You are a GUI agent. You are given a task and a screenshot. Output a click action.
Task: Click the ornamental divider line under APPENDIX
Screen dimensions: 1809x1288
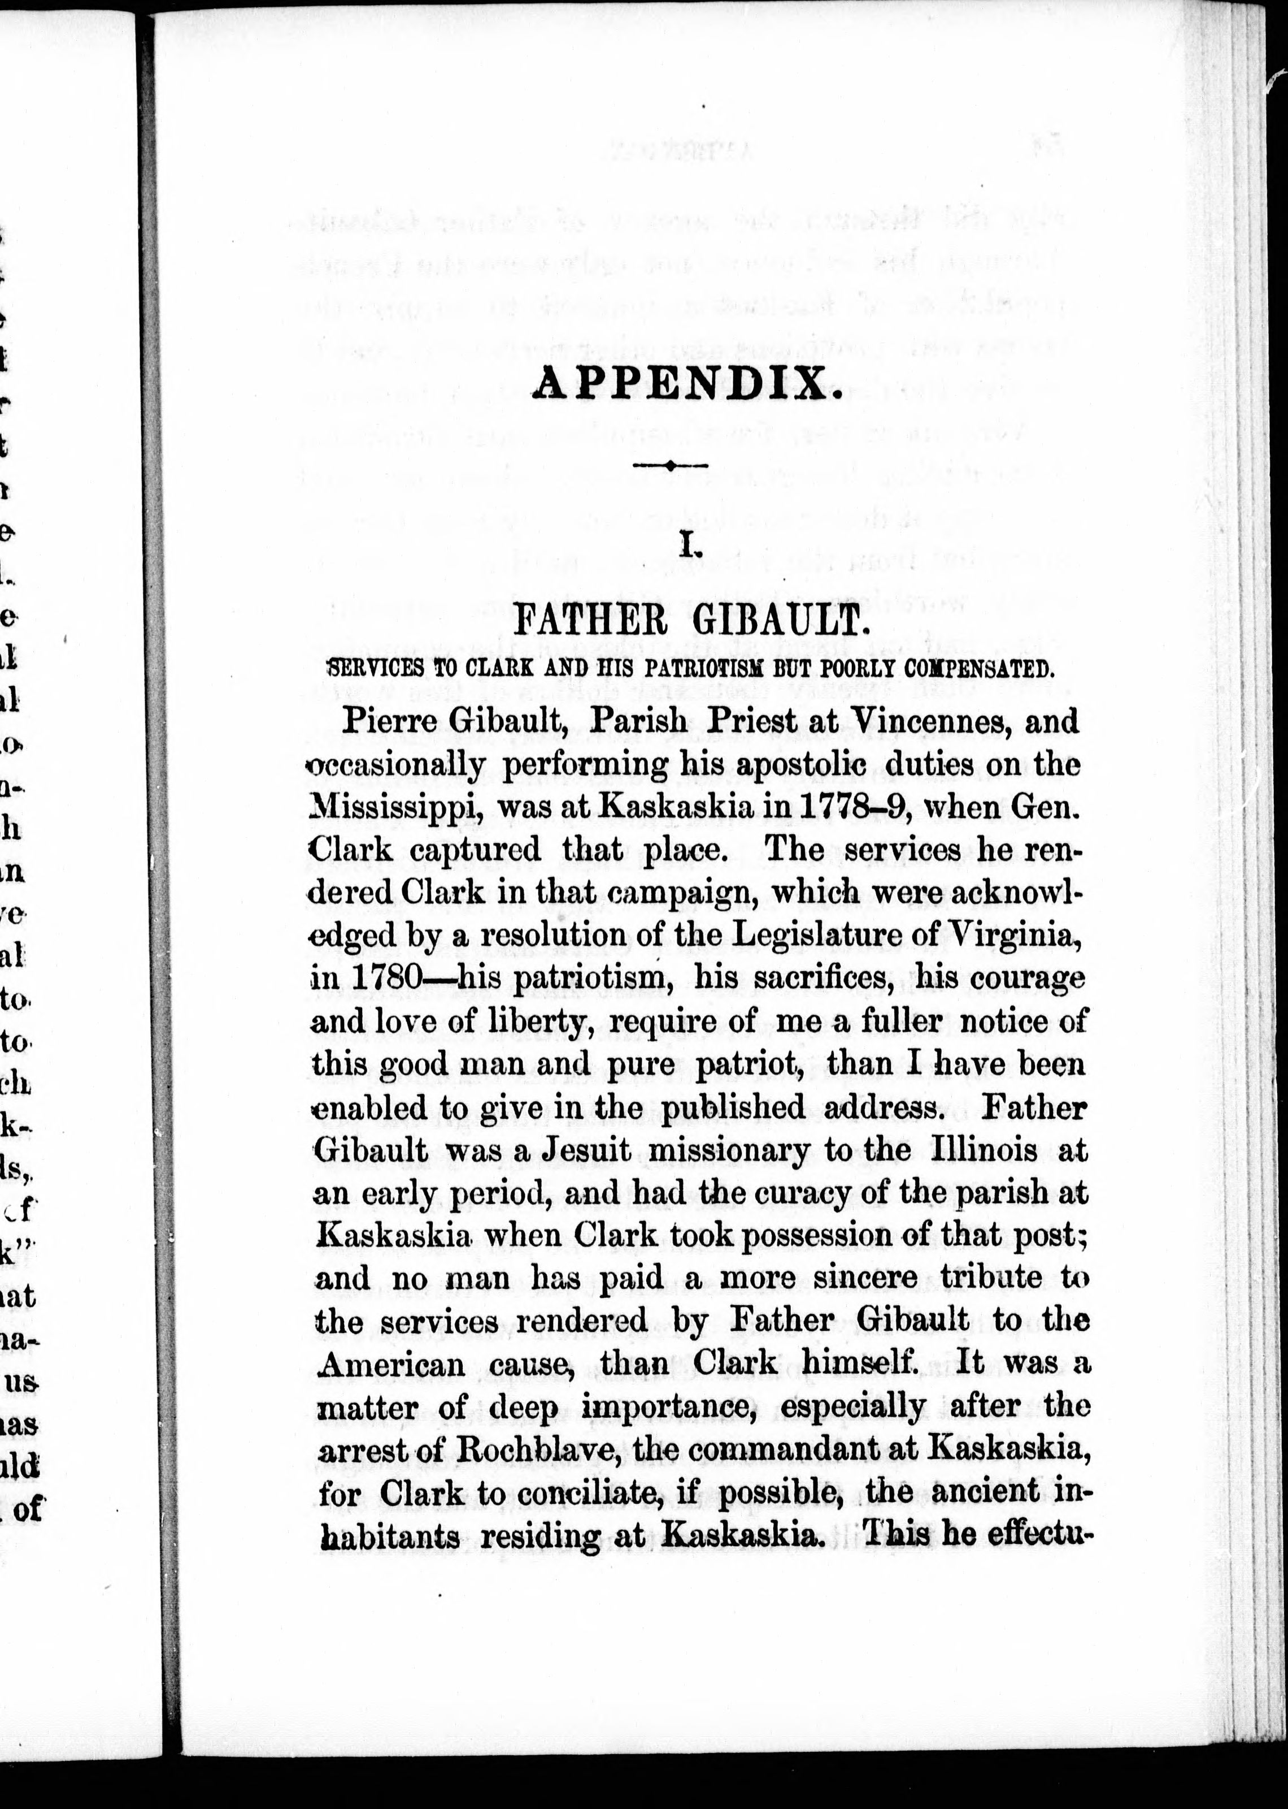[670, 466]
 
